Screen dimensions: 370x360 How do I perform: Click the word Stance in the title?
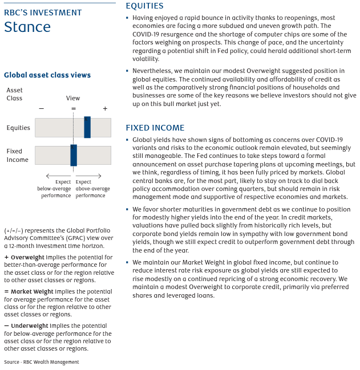(x=27, y=27)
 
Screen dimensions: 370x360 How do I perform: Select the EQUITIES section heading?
(x=144, y=6)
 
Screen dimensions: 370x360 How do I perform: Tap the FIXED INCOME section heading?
(x=155, y=128)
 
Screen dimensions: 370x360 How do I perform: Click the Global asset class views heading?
(x=47, y=75)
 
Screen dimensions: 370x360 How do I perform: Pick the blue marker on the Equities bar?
(x=87, y=127)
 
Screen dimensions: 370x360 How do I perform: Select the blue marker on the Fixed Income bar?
(x=74, y=155)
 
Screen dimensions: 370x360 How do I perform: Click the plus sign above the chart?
(x=105, y=108)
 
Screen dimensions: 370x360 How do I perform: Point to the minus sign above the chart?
(x=41, y=108)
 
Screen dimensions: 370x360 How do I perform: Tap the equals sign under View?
(x=73, y=108)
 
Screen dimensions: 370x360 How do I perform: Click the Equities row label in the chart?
(x=18, y=128)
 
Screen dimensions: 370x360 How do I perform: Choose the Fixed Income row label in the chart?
(x=18, y=156)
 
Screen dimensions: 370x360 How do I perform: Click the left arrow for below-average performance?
(x=58, y=176)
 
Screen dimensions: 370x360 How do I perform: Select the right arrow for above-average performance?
(x=88, y=176)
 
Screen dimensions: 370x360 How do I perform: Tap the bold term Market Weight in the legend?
(x=30, y=291)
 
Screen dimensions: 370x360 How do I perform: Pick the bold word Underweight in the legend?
(x=29, y=326)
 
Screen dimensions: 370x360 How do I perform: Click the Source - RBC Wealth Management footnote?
(x=41, y=362)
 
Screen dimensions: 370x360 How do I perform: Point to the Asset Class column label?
(x=15, y=94)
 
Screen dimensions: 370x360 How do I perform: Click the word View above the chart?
(x=73, y=98)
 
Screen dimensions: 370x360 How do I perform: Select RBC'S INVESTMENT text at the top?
(x=43, y=13)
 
